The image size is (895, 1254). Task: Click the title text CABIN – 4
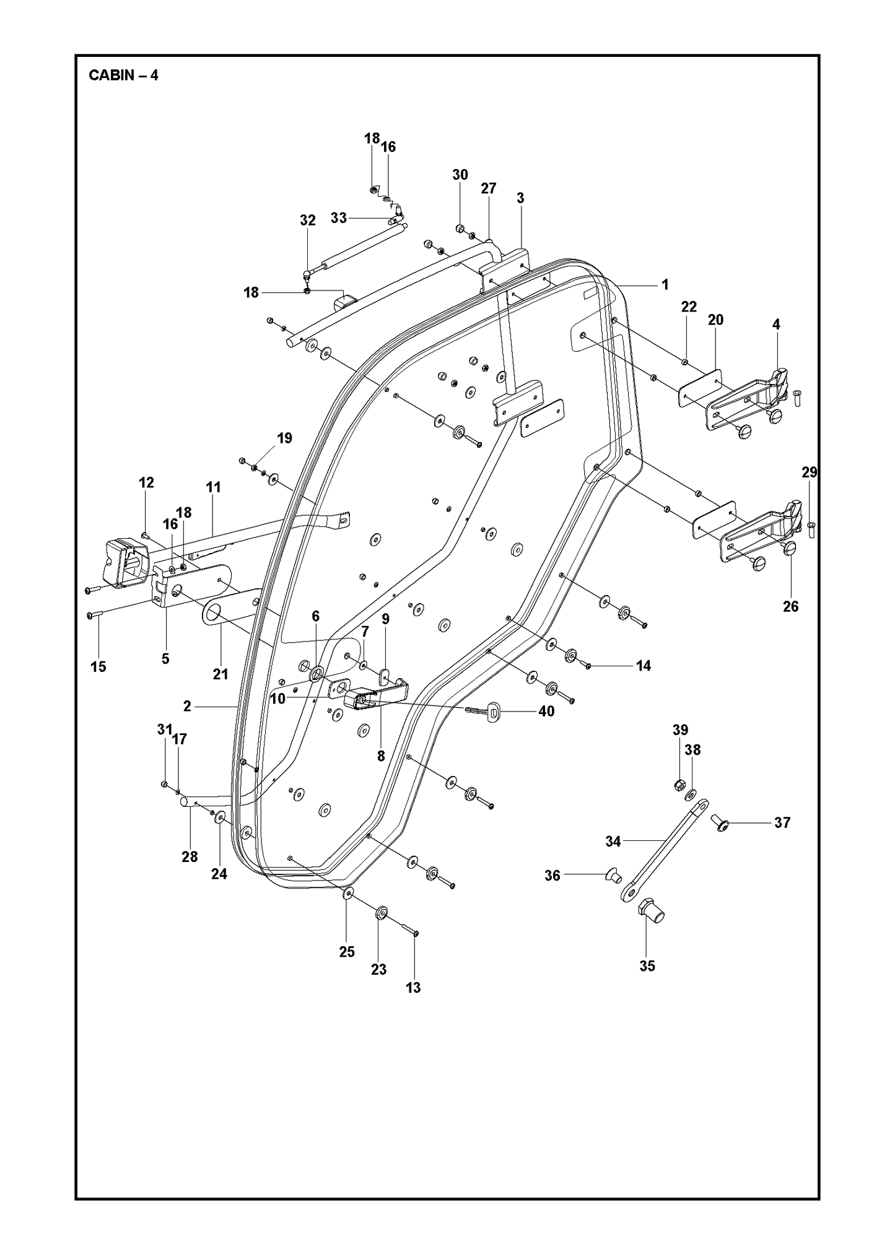click(x=123, y=76)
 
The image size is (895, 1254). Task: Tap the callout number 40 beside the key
click(x=546, y=712)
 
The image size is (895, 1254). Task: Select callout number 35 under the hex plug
click(x=647, y=965)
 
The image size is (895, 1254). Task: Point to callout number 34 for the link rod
click(x=613, y=841)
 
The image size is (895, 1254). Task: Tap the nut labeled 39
click(x=678, y=786)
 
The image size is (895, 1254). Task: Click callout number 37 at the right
click(x=782, y=822)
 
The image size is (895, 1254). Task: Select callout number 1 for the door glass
click(x=665, y=284)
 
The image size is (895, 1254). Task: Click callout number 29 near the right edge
click(x=809, y=472)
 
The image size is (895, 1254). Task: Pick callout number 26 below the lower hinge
click(x=791, y=606)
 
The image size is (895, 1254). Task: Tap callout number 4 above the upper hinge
click(x=776, y=324)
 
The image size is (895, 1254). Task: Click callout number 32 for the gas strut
click(x=308, y=220)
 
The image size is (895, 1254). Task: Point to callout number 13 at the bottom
click(x=413, y=988)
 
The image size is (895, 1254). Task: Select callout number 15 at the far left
click(x=98, y=667)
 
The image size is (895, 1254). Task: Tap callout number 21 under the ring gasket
click(x=220, y=674)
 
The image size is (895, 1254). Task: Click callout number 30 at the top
click(x=460, y=175)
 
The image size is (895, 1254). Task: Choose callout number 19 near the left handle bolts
click(x=284, y=438)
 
